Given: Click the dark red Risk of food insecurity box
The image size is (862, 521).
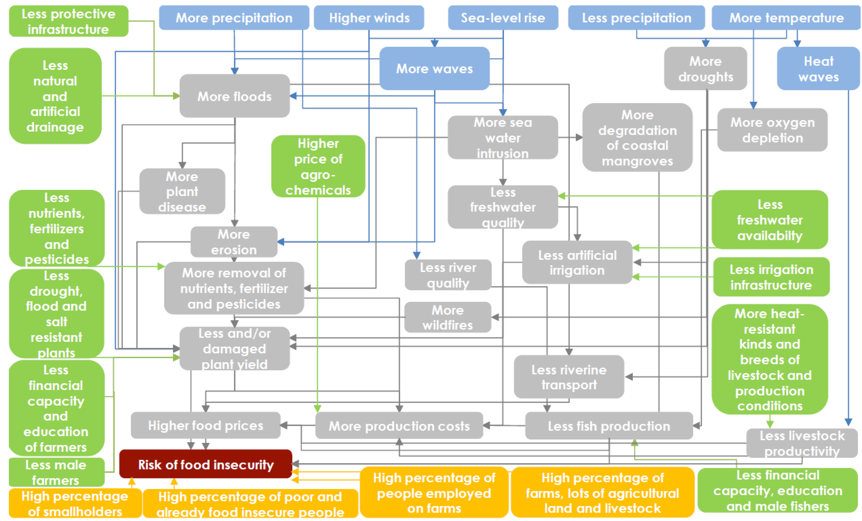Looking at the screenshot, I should (205, 464).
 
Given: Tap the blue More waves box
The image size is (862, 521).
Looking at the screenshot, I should (434, 68).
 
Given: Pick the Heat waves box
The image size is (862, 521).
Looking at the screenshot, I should (818, 68).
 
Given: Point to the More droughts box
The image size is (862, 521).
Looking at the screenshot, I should (705, 68).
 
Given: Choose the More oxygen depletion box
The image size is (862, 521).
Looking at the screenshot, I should (772, 130).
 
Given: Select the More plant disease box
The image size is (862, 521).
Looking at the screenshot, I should (182, 191).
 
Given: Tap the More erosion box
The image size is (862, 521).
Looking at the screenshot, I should (234, 242).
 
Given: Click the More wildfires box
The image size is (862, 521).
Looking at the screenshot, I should (447, 317).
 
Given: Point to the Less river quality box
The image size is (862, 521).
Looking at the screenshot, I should (448, 275).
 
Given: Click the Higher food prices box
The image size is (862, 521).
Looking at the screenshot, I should (205, 426).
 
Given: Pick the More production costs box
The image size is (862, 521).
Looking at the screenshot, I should (399, 426).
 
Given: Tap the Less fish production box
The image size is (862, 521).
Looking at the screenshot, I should (609, 426).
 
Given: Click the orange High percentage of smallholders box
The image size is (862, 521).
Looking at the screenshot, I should (75, 504).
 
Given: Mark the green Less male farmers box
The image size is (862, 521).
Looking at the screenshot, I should (56, 472).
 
